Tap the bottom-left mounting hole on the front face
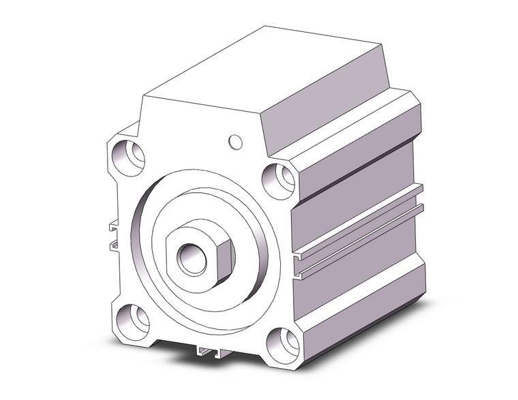pyautogui.click(x=132, y=320)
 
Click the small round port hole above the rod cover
pyautogui.click(x=235, y=142)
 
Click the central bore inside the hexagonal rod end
pyautogui.click(x=188, y=260)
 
